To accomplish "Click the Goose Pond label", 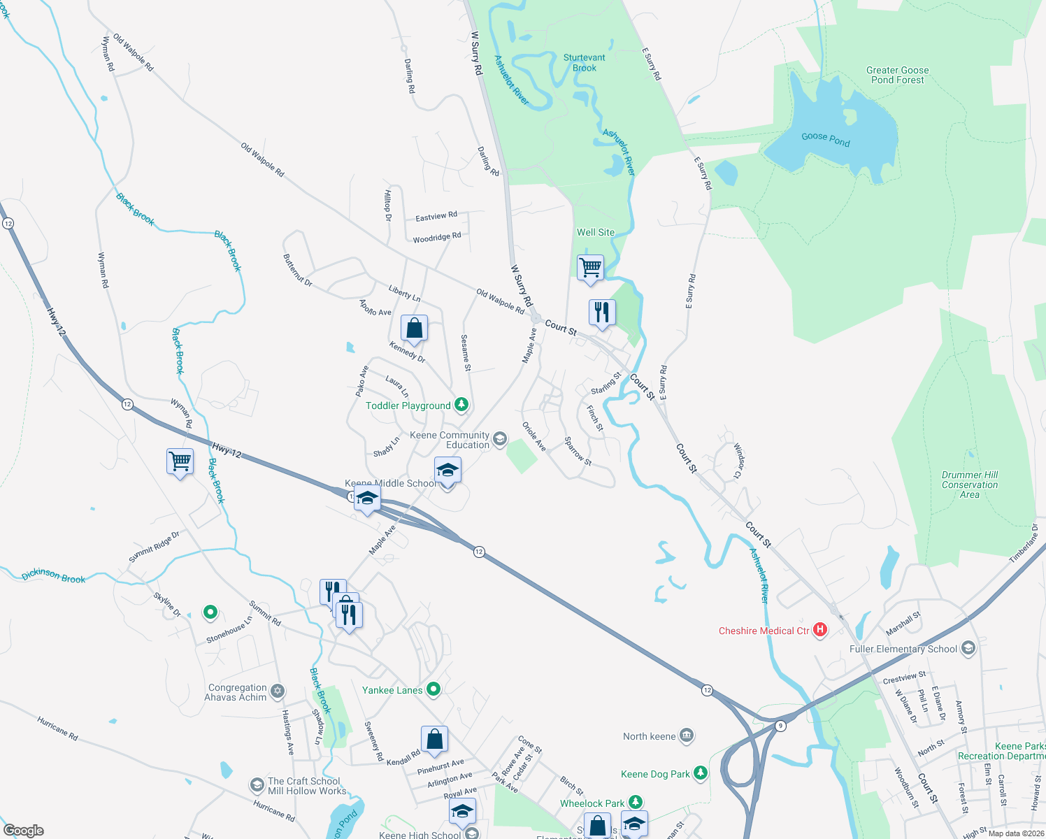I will [825, 139].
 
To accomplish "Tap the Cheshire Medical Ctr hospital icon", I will [820, 631].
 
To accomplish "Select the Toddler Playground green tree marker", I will [461, 405].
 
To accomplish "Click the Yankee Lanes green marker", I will [434, 690].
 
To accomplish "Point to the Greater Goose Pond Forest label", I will [897, 75].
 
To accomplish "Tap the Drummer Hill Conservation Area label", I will [969, 485].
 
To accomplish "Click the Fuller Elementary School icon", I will [968, 649].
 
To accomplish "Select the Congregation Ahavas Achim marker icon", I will [278, 691].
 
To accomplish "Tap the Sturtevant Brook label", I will [585, 63].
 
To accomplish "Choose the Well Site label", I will [596, 232].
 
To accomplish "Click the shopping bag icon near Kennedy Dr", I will [414, 329].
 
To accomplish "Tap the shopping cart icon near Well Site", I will [591, 268].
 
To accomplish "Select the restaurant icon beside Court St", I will [602, 313].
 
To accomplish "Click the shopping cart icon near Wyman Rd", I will [180, 462].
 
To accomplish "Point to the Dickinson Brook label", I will [53, 576].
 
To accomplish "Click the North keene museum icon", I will [687, 736].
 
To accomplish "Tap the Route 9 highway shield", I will [780, 726].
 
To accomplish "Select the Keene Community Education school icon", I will [499, 439].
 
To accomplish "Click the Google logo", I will [24, 831].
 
